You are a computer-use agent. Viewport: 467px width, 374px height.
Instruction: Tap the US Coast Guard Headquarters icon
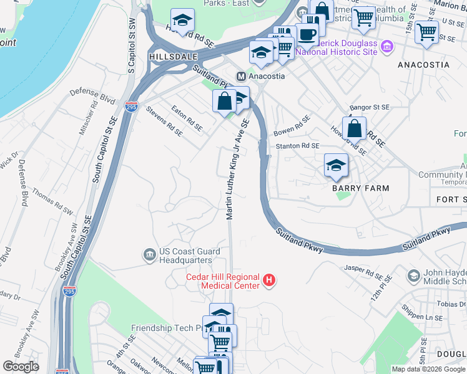tap(149, 254)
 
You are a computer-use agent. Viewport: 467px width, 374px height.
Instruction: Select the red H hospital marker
tap(269, 281)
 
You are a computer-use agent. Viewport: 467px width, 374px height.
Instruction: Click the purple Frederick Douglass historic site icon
tap(386, 47)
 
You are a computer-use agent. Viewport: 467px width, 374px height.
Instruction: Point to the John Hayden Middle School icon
tap(413, 276)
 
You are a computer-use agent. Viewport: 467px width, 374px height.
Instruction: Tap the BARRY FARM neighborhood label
tap(360, 188)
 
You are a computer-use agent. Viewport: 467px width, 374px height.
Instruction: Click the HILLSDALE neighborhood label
tap(169, 56)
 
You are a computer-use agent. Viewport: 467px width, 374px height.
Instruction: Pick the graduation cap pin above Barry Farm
tap(336, 166)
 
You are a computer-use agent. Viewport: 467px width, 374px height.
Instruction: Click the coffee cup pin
tap(307, 34)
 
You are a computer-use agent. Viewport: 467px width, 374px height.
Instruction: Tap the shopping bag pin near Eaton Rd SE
tap(224, 102)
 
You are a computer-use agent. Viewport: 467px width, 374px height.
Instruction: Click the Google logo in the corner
tap(21, 367)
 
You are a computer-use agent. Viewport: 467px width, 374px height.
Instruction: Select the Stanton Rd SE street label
tap(298, 146)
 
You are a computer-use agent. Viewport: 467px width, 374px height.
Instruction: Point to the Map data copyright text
tap(428, 369)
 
